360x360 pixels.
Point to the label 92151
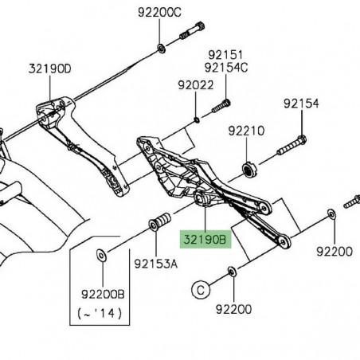(225, 54)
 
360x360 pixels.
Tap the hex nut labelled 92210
(249, 170)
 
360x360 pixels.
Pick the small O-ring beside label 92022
(196, 120)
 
